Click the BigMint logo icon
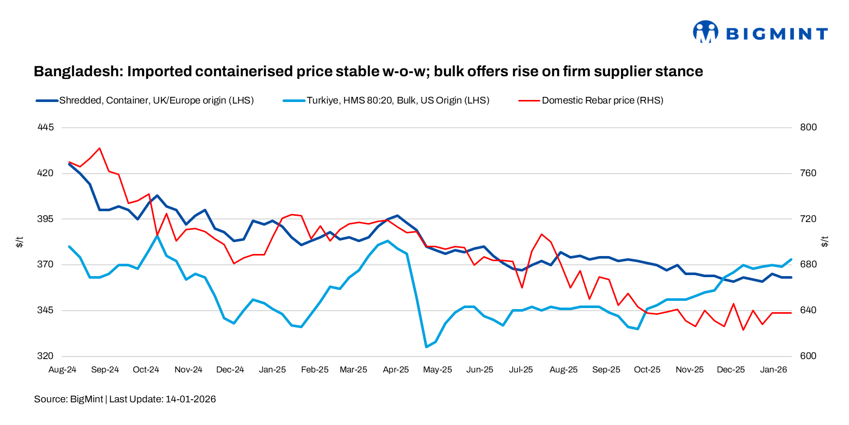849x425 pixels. point(705,32)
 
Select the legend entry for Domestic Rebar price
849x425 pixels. point(602,100)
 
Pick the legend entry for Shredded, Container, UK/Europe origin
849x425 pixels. point(156,100)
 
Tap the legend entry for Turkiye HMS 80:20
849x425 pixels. point(397,100)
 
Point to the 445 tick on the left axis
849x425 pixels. point(45,127)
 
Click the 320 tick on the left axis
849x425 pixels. point(45,356)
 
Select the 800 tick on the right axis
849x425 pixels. point(808,127)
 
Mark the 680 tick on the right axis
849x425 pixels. point(808,264)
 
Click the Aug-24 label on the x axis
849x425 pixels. point(62,370)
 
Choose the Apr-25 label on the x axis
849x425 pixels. point(396,370)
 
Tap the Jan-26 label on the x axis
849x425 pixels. point(773,370)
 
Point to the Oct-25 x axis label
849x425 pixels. point(647,370)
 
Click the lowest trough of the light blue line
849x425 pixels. point(426,347)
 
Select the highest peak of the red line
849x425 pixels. point(99,148)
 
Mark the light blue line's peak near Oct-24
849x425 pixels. point(157,235)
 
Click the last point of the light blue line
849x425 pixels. point(791,260)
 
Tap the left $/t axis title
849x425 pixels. point(20,242)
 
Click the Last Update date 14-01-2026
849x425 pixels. point(190,399)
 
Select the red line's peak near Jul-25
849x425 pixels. point(542,234)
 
